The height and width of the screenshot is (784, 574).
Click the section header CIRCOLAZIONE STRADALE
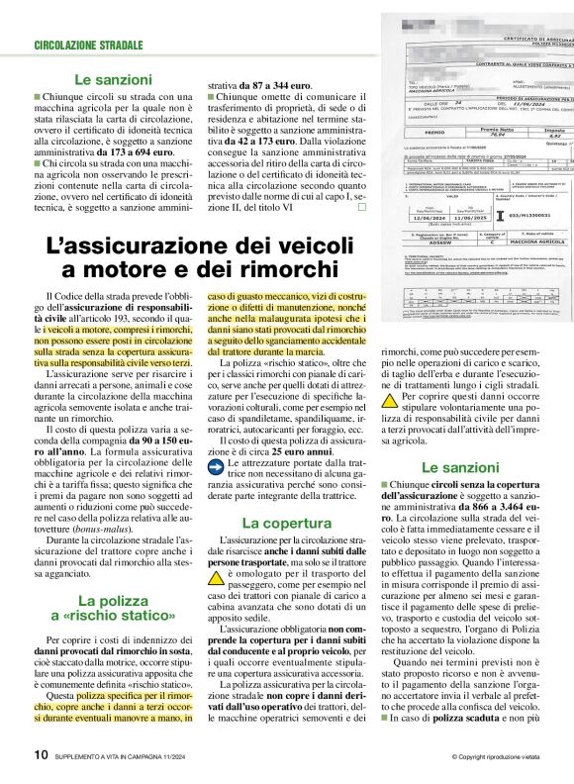(x=88, y=46)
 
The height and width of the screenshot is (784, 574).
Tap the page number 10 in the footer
(x=40, y=753)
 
